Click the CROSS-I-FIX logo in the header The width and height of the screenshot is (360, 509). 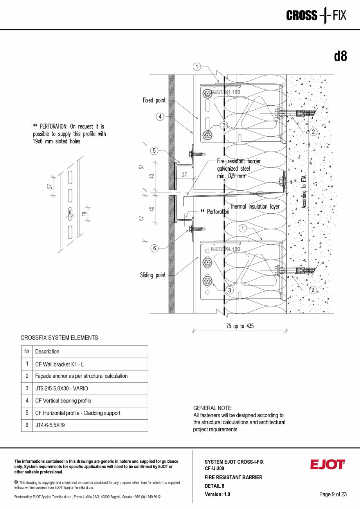click(x=316, y=15)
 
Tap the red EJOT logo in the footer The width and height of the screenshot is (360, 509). click(x=328, y=464)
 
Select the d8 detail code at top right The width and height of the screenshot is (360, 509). click(x=340, y=56)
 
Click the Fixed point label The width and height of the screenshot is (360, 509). click(x=154, y=100)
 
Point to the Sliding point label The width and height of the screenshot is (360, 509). click(x=153, y=275)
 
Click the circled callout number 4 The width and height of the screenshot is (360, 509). click(x=160, y=117)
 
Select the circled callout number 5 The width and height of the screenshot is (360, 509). click(x=154, y=151)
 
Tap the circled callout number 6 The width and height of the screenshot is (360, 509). click(x=155, y=248)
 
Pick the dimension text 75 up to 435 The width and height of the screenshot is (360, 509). click(x=240, y=326)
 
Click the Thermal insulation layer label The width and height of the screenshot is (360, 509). click(x=255, y=207)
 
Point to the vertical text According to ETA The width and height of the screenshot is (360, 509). click(x=304, y=191)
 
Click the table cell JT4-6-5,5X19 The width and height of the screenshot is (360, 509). click(x=50, y=425)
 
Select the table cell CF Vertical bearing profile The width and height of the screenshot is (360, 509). click(x=63, y=401)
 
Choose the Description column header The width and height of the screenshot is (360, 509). click(x=47, y=352)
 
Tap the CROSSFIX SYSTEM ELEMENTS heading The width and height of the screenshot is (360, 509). click(x=59, y=338)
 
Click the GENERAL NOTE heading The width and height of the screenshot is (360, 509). click(x=212, y=408)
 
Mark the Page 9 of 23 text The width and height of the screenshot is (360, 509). click(x=333, y=494)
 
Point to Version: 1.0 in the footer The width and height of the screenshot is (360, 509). click(x=217, y=494)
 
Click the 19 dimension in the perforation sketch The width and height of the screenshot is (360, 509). click(x=84, y=214)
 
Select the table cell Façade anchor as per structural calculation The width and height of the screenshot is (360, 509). click(x=81, y=376)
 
